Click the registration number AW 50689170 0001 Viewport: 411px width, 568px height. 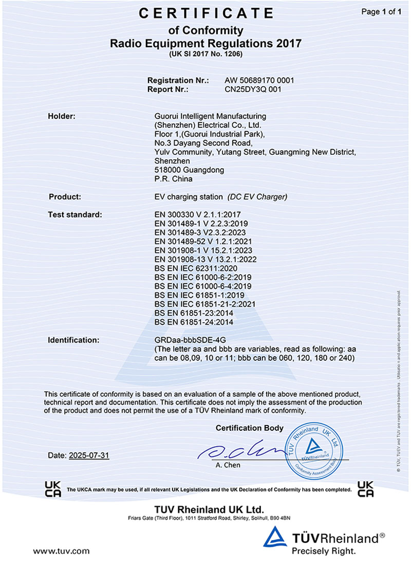[259, 81]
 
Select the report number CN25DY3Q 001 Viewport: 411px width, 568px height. [254, 89]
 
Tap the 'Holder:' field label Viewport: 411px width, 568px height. [62, 116]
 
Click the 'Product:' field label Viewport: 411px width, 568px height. [65, 197]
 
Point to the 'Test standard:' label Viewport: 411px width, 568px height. [75, 214]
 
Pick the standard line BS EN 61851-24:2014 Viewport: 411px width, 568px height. [194, 322]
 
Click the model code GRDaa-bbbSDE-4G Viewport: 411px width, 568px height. [190, 340]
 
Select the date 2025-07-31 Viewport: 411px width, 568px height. [89, 455]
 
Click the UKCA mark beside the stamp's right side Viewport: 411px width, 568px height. [365, 489]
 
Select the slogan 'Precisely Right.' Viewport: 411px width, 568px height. [323, 551]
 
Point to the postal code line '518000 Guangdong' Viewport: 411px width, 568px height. [189, 170]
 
